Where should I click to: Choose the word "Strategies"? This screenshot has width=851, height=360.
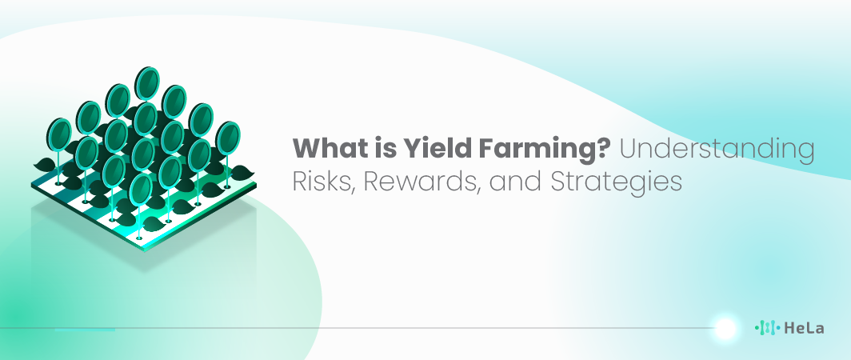pos(616,183)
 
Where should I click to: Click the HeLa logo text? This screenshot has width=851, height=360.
pos(804,328)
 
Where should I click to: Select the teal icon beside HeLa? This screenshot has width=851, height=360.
pos(768,327)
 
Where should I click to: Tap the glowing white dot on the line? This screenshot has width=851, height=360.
pos(725,328)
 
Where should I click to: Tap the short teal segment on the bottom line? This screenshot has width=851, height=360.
pos(86,330)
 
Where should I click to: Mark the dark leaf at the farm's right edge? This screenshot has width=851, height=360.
pos(242,174)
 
